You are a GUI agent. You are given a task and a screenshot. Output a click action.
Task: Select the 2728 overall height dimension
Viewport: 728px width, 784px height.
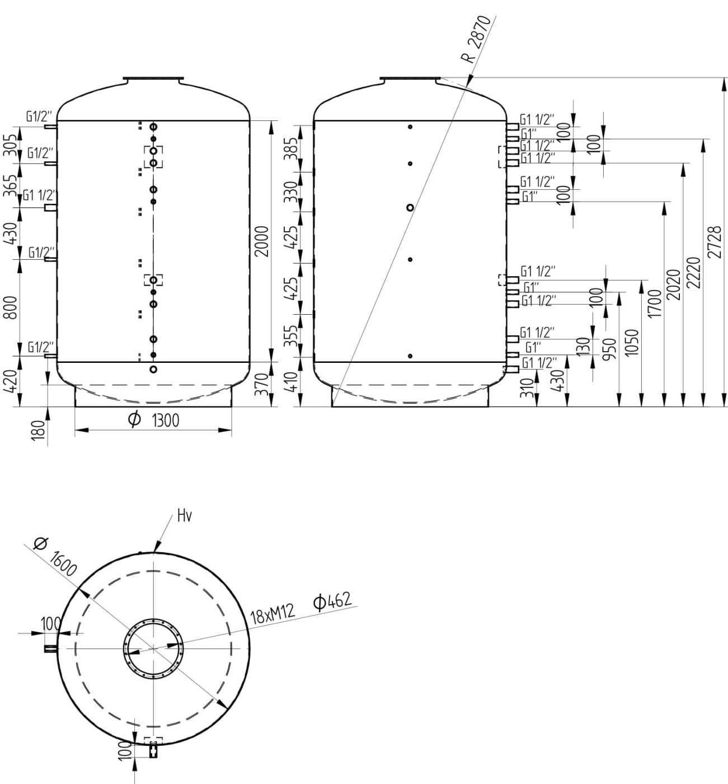tap(714, 242)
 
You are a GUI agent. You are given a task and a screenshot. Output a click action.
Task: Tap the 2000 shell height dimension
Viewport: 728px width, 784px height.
tap(262, 241)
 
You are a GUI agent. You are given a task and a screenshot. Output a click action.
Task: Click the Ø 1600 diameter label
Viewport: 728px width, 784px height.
tap(54, 557)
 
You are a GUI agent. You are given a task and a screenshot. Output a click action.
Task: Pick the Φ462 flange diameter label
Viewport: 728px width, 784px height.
tap(333, 602)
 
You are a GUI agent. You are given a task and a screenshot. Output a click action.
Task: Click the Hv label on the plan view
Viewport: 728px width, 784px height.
tap(185, 516)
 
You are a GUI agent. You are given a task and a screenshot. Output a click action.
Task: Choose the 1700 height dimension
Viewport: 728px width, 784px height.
tap(655, 304)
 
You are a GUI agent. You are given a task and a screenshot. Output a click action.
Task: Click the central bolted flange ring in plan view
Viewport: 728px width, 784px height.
tap(153, 648)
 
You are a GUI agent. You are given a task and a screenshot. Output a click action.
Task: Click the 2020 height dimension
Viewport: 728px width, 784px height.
tap(674, 284)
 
